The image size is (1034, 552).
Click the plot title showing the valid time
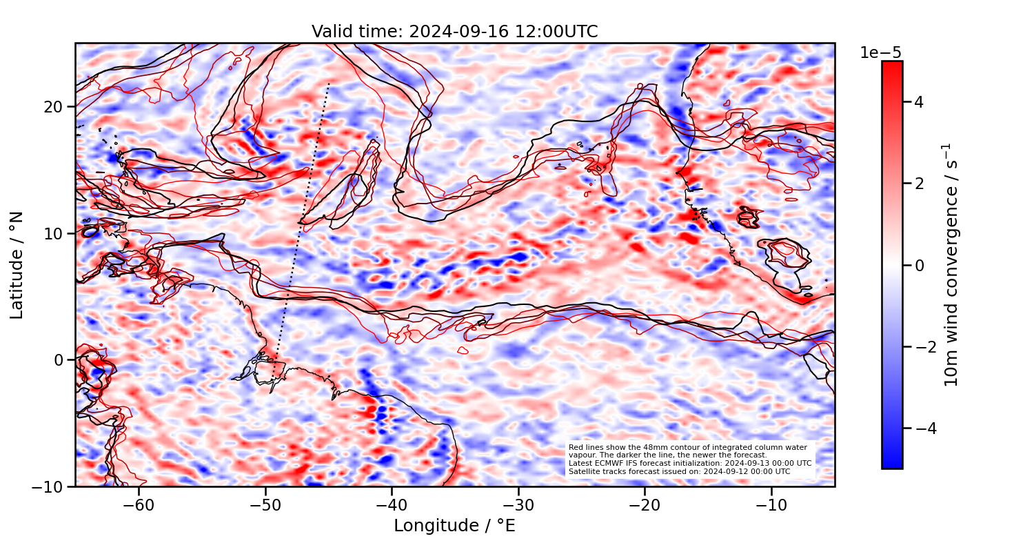tap(455, 32)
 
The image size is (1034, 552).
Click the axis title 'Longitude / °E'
tap(455, 526)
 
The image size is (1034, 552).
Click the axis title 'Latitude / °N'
tap(17, 266)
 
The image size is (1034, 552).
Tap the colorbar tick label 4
tap(919, 102)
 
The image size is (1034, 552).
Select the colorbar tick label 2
tap(919, 184)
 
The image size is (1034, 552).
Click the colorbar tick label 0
tap(919, 265)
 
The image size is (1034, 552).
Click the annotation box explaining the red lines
tap(689, 460)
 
